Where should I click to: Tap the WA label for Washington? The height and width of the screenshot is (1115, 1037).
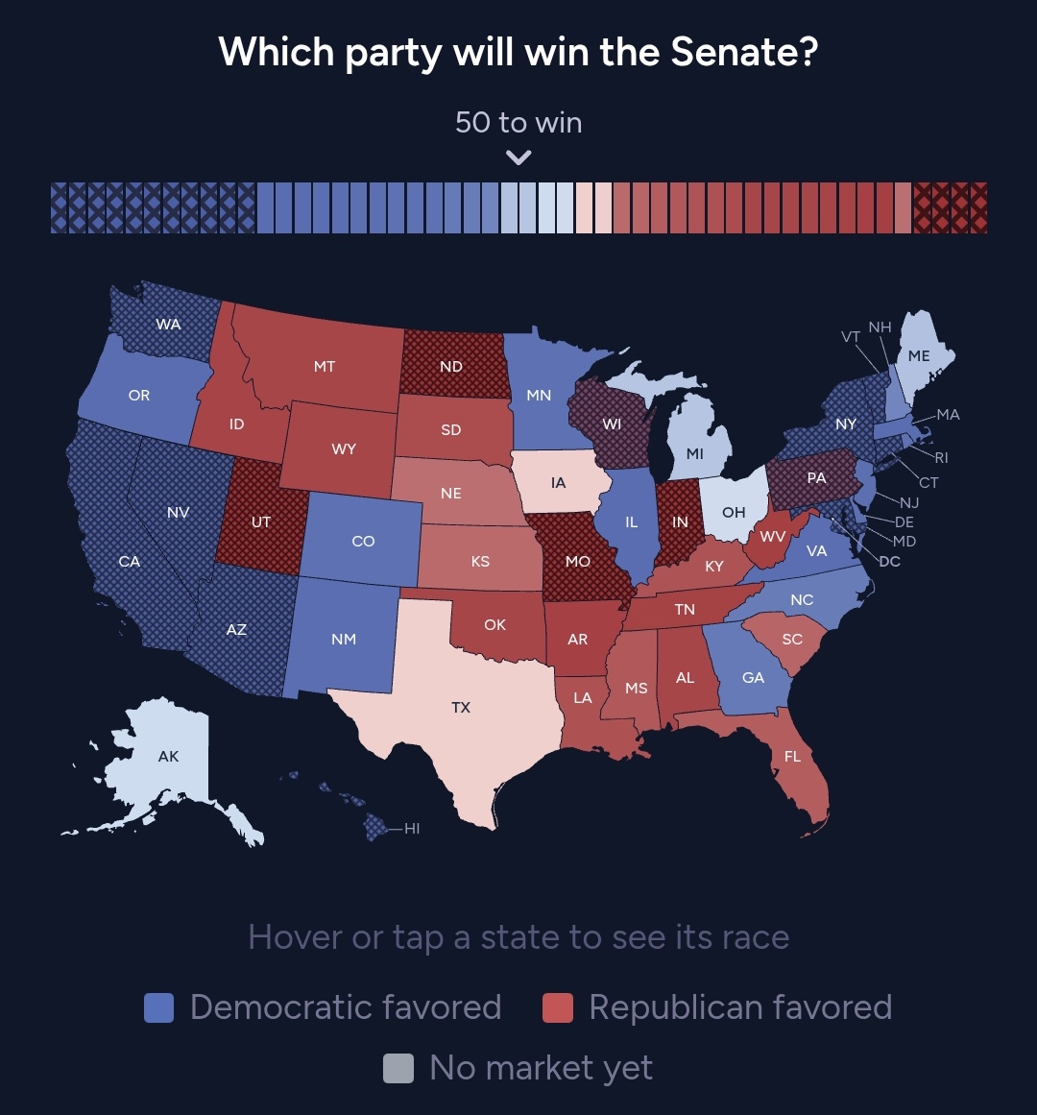click(168, 325)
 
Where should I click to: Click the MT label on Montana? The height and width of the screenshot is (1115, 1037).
click(325, 366)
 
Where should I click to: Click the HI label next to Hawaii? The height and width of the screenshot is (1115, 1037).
click(412, 829)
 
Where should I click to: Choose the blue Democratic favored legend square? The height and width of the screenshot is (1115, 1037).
click(158, 1007)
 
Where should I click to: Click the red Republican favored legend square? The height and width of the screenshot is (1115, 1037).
click(558, 1007)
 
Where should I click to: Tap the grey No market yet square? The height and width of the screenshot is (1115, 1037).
click(398, 1068)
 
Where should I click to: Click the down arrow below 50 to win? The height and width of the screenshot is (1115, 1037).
click(518, 158)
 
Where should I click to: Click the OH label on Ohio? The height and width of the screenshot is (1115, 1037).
click(734, 512)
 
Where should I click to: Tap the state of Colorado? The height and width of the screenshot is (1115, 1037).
click(363, 538)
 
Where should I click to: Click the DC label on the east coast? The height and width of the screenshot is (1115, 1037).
click(890, 561)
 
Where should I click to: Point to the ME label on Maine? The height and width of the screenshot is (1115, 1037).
click(918, 355)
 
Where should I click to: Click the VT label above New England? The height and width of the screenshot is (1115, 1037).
click(851, 336)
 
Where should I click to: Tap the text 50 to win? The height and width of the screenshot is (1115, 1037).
click(518, 122)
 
